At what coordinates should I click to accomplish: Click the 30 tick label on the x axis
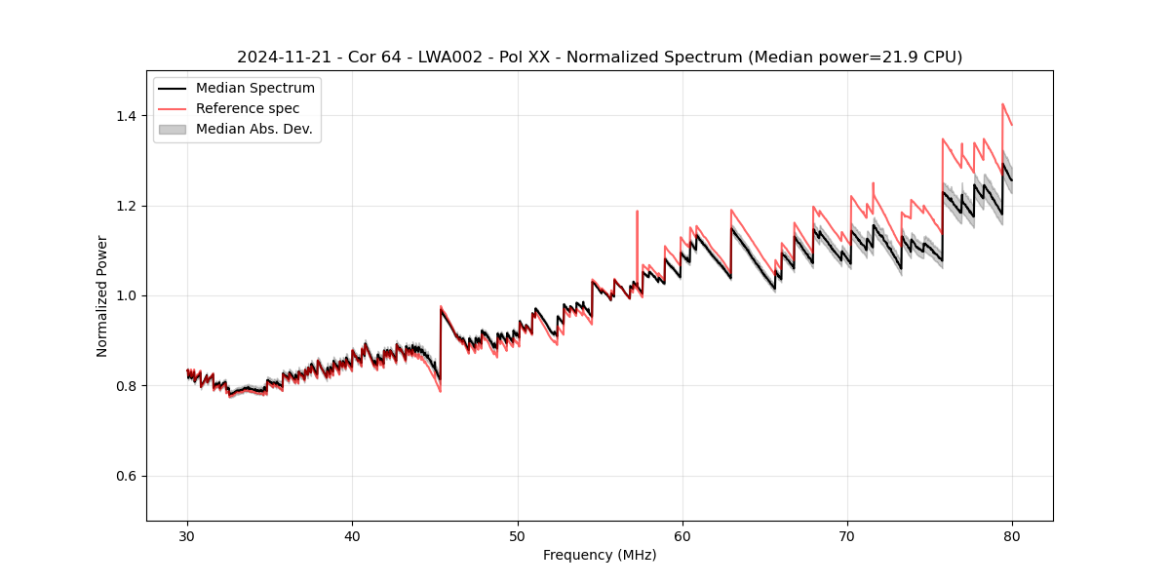coord(187,535)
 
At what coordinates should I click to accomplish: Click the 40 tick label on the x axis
coord(352,535)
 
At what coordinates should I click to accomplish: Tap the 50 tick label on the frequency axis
coord(518,535)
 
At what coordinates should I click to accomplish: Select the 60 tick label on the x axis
coord(682,535)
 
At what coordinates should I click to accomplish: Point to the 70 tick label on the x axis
coord(847,535)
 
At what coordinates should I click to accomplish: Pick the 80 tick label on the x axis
coord(1012,535)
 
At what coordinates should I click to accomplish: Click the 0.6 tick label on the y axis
coord(126,476)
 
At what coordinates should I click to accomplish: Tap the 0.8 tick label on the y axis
coord(126,386)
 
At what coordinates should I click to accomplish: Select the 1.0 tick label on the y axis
coord(126,295)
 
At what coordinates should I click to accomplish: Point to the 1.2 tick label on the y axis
coord(126,206)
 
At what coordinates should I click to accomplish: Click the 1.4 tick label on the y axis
coord(126,116)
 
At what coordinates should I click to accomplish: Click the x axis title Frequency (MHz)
coord(600,555)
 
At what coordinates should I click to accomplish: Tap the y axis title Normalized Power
coord(102,295)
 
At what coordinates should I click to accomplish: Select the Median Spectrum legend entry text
coord(255,88)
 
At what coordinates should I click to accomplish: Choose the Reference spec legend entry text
coord(248,108)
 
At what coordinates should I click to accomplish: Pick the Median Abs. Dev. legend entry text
coord(254,129)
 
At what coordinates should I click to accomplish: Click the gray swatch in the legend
coord(173,129)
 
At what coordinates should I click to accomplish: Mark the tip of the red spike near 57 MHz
coord(637,211)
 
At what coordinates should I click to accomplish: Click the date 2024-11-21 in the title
coord(280,58)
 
